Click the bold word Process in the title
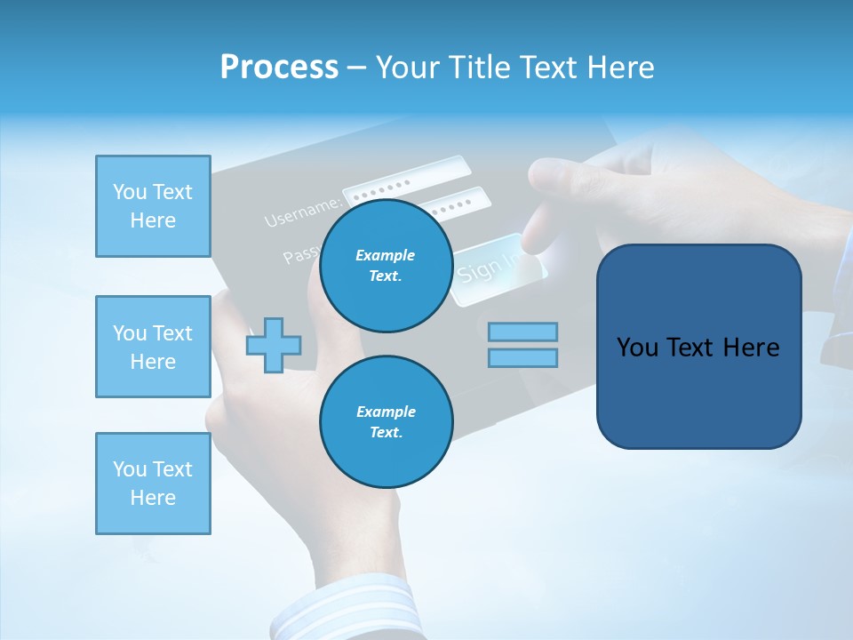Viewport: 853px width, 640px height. [279, 67]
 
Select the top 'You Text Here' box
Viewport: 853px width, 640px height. [153, 206]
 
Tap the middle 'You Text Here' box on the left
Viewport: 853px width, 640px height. [153, 347]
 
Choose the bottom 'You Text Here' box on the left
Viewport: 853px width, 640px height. [153, 484]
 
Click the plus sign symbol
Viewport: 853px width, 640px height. [274, 345]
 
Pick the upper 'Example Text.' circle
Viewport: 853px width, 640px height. [386, 266]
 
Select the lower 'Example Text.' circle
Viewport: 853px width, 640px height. [386, 422]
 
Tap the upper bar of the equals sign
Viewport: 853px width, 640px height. [522, 332]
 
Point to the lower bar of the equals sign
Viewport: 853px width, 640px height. [522, 358]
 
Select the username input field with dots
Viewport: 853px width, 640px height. [407, 182]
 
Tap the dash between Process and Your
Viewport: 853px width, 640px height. [357, 68]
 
